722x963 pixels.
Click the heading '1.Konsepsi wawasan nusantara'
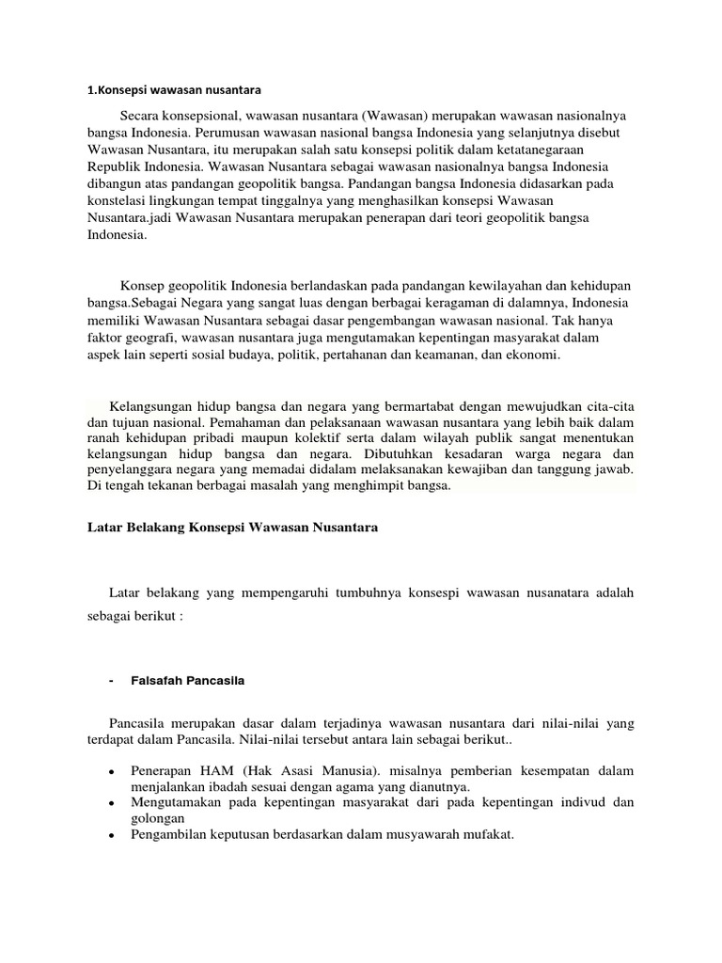(x=172, y=90)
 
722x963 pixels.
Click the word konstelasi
(x=103, y=201)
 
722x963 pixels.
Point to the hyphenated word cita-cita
(x=608, y=406)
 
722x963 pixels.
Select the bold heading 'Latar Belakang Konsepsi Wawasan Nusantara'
(x=226, y=529)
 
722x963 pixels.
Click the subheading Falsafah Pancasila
(x=189, y=681)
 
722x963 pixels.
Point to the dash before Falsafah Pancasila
(x=112, y=681)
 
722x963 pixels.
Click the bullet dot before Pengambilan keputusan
(x=112, y=840)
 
